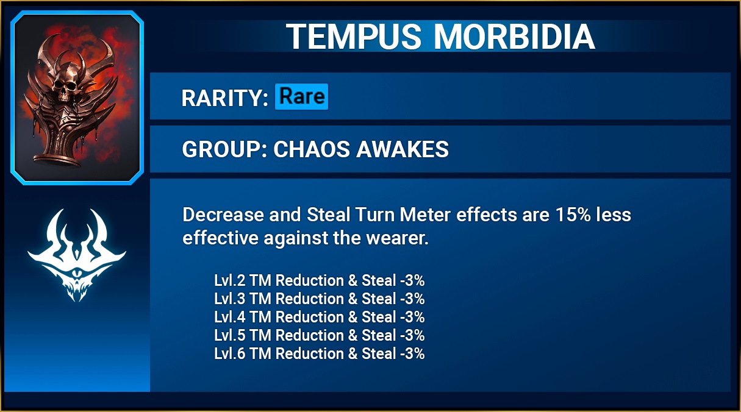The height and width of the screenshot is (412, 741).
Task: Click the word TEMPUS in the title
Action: click(354, 37)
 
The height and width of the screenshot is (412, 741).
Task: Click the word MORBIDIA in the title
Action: click(514, 37)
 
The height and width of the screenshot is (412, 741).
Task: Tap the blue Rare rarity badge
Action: click(302, 96)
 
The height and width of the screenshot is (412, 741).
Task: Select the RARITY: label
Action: click(224, 98)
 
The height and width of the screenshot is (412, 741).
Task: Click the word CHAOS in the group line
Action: click(311, 149)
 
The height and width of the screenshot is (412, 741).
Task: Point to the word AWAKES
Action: click(403, 149)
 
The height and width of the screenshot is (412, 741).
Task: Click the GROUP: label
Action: click(224, 149)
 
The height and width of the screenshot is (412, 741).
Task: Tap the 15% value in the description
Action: click(573, 215)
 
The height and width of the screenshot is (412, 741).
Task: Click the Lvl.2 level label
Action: click(229, 280)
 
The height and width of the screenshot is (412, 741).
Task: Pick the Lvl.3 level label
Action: click(229, 299)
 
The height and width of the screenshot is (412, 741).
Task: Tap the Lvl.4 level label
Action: click(229, 317)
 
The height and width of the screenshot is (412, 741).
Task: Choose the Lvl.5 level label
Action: click(229, 335)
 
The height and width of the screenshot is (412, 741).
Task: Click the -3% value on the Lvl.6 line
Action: click(412, 353)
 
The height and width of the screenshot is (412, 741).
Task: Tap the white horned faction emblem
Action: click(77, 255)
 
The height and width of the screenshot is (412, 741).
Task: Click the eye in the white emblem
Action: click(77, 274)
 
